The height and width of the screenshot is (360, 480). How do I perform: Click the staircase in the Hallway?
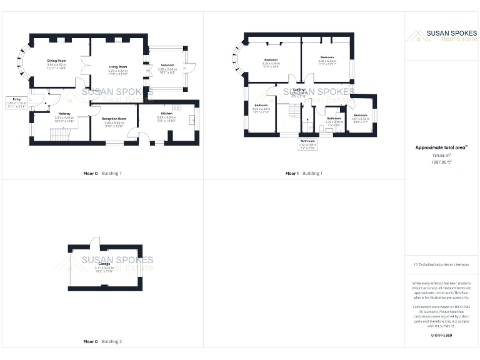tap(61, 134)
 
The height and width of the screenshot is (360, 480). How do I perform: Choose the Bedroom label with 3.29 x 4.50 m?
tap(271, 61)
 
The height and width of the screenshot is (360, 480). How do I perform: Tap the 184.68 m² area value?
tap(442, 155)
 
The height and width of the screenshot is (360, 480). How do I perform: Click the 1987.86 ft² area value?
tap(442, 161)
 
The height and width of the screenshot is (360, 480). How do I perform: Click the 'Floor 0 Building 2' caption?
tap(103, 342)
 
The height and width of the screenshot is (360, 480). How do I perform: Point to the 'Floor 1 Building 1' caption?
tap(304, 173)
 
